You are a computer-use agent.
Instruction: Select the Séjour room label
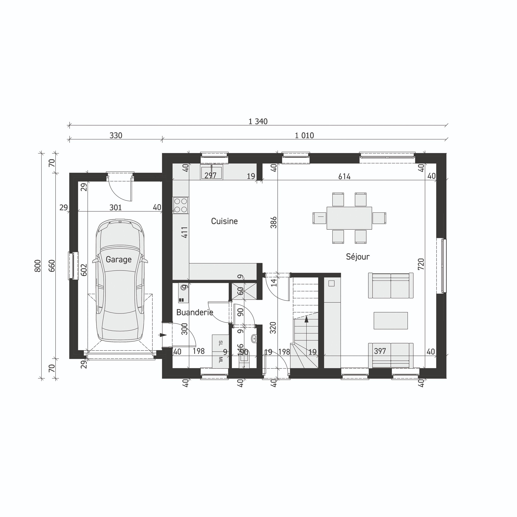click(357, 257)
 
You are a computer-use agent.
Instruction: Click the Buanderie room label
click(195, 312)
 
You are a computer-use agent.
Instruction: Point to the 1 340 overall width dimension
click(258, 121)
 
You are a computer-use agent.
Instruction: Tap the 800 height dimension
click(38, 266)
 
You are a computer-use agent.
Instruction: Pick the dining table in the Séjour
click(349, 218)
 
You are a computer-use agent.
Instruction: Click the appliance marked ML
click(220, 359)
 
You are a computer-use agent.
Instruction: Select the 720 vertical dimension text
click(421, 264)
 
